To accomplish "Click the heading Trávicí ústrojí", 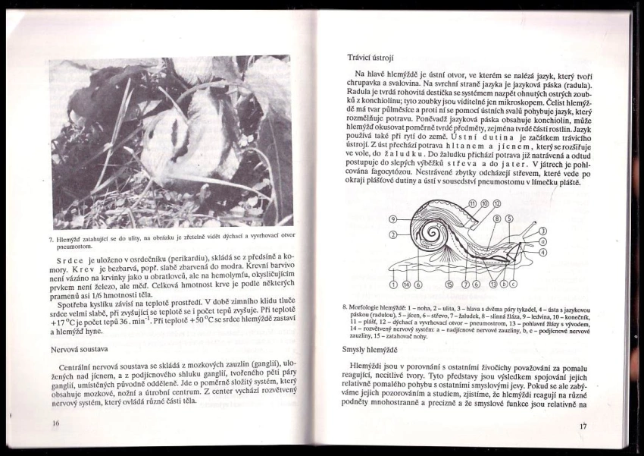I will [370, 58].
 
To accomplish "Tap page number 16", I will [55, 423].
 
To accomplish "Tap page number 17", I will [583, 427].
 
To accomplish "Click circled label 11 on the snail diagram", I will [473, 204].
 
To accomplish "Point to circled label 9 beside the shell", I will [393, 219].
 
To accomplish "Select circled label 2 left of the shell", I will [393, 236].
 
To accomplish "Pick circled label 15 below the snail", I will [449, 285].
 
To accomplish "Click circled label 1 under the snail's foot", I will [393, 285].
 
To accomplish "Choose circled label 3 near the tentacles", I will [542, 231].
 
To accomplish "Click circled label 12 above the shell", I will [497, 204].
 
